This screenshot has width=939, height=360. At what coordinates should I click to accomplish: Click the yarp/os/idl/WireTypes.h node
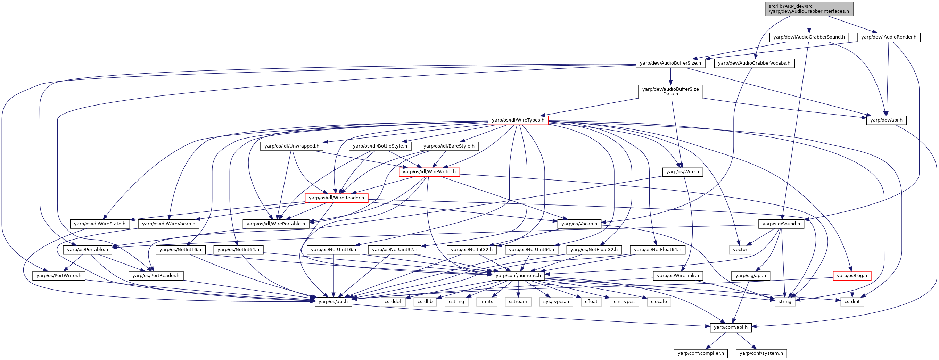pos(518,120)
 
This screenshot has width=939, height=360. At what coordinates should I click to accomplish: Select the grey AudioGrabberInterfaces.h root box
pos(809,9)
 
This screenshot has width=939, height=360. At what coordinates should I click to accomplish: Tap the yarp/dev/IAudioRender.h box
pos(889,37)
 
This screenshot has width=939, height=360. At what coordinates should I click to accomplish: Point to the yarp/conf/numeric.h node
pos(518,275)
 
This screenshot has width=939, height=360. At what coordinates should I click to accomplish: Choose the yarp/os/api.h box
pos(333,301)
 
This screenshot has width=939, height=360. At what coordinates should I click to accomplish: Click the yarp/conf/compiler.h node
pos(701,353)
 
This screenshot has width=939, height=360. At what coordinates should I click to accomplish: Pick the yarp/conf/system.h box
pos(761,353)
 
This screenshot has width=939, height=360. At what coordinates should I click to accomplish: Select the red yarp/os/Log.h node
pos(852,275)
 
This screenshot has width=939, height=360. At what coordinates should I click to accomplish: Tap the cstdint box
pos(852,301)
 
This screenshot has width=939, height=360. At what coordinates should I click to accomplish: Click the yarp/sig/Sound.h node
pos(781,224)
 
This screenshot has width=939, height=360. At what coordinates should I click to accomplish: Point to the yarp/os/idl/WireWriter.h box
pos(429,171)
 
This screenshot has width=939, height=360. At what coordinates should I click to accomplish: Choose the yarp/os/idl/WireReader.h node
pos(337,198)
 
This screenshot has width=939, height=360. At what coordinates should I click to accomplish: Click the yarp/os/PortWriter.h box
pos(59,275)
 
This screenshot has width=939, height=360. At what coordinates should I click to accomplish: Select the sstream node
pos(518,301)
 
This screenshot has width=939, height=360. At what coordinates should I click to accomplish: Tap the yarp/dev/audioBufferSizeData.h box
pos(670,91)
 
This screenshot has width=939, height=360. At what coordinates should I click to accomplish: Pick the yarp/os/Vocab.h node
pos(579,224)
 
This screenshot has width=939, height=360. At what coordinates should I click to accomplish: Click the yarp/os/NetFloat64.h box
pos(658,250)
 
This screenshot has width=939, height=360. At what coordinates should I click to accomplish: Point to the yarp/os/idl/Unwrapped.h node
pos(291,146)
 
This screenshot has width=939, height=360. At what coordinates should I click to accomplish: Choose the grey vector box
pos(740,250)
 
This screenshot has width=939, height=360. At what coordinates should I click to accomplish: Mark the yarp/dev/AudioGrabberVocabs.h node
pos(754,63)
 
